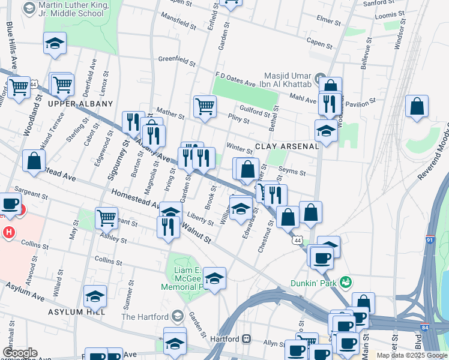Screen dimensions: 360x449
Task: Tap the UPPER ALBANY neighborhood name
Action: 73,104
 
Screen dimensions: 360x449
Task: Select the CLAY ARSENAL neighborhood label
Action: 286,146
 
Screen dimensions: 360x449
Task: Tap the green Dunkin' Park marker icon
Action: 345,281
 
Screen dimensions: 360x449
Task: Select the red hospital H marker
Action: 9,232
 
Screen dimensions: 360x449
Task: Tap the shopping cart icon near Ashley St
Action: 106,218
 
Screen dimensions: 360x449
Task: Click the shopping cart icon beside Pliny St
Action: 205,107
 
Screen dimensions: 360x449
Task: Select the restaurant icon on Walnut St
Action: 167,227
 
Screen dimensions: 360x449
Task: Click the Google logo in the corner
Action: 20,353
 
